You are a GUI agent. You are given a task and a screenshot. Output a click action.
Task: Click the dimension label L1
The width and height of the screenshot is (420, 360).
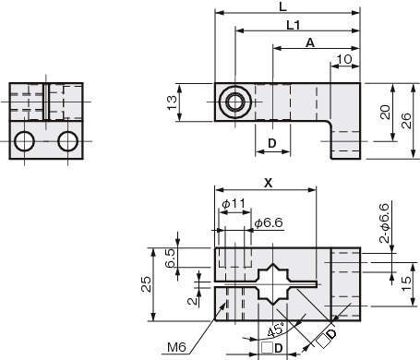tap(294, 25)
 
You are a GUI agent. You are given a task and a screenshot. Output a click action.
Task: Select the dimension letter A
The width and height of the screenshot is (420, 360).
tap(310, 42)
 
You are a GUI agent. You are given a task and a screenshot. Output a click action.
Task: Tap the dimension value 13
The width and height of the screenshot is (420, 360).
tap(172, 102)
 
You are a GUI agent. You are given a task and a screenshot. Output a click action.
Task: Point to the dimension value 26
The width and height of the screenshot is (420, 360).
tap(406, 121)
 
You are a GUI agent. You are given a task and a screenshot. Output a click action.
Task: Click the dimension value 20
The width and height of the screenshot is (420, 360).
tap(385, 112)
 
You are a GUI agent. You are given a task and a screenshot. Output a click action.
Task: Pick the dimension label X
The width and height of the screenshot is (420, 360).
tap(269, 183)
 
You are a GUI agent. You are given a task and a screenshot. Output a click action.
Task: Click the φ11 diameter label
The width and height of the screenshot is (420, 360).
tap(234, 203)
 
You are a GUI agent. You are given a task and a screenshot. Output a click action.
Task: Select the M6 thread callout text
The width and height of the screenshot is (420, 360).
tap(177, 347)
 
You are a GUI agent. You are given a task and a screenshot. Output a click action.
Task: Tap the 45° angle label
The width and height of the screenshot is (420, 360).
tap(276, 330)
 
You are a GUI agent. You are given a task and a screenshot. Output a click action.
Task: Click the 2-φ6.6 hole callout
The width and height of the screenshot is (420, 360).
tap(384, 222)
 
